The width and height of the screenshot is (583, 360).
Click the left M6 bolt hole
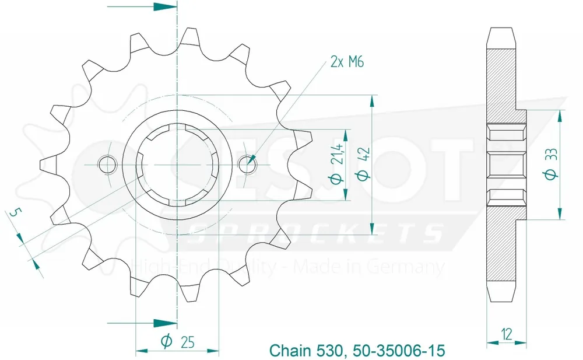point(106,165)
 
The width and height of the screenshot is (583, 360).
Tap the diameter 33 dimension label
point(550,165)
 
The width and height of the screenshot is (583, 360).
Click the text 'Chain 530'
point(303,351)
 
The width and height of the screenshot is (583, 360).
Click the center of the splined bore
point(177,165)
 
